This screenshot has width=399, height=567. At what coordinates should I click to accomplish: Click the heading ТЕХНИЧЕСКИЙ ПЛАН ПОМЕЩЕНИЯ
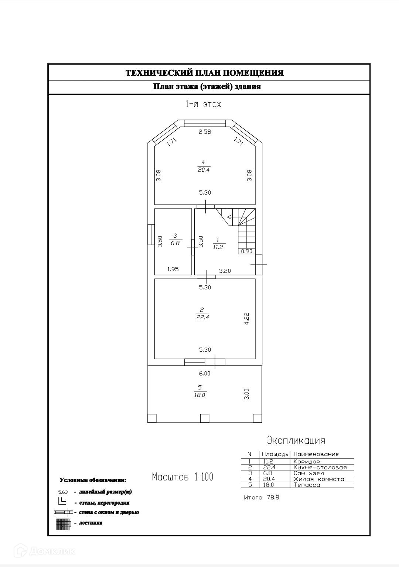204,73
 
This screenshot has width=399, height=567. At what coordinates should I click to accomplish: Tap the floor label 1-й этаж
203,104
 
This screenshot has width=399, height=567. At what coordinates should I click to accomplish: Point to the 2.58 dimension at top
205,132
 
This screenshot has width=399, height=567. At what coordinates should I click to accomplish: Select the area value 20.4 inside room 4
204,170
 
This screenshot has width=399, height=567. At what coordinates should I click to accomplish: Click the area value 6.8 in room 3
175,243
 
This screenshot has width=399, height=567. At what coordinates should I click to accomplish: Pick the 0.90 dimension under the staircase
246,251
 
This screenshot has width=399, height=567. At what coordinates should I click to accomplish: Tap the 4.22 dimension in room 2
247,319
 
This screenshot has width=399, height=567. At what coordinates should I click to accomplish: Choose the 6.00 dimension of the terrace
205,374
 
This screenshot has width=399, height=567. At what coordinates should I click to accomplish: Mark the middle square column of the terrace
205,418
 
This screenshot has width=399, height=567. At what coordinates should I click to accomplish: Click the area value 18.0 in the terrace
199,395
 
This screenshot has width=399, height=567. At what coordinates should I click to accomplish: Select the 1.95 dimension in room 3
173,269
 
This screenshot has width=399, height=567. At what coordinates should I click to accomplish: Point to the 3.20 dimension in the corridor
225,271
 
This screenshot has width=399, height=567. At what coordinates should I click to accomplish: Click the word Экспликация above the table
296,440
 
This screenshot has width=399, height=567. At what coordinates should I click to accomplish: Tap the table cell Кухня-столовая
320,467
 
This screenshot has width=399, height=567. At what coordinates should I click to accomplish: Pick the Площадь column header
275,454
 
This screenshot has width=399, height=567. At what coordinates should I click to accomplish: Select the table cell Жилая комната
318,479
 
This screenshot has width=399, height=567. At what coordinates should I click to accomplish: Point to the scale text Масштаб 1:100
183,477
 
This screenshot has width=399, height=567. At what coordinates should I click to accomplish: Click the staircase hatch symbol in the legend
63,524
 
